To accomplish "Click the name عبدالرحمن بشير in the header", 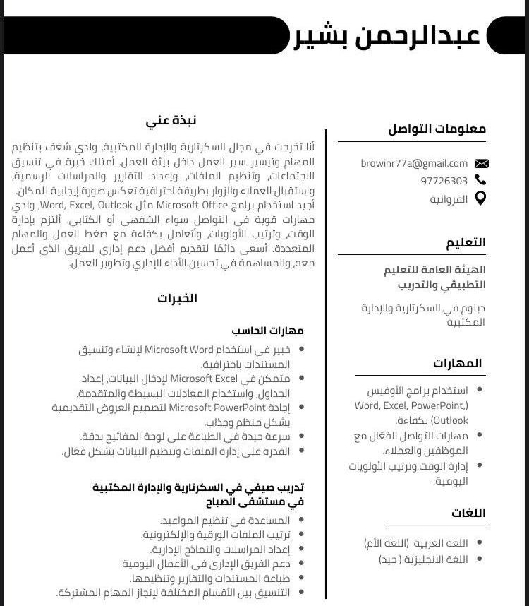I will tap(387, 35).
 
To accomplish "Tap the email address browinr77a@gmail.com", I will tap(414, 163).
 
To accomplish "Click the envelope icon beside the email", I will tap(481, 164).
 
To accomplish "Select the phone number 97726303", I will tap(444, 181).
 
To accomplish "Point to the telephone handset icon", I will tap(481, 180).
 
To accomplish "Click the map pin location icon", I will tap(480, 198).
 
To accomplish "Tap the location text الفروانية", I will tap(449, 199).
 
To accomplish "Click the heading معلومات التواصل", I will tap(437, 129).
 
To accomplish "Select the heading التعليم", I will tap(466, 242).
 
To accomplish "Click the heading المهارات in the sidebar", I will tap(457, 363).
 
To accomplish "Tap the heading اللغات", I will tap(468, 513).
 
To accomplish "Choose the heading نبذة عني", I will tap(171, 120).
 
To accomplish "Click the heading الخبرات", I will tap(177, 298).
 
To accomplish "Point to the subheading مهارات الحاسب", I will tap(267, 330).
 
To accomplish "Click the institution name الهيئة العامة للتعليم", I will tap(434, 270).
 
